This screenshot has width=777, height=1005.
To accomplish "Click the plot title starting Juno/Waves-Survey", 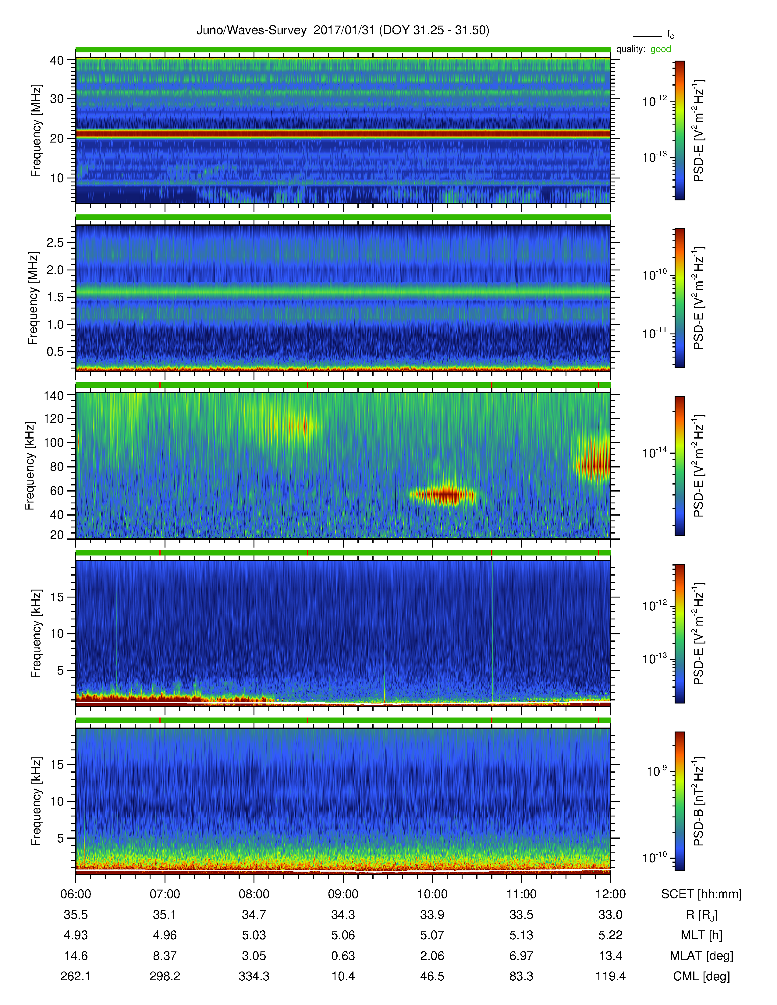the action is click(x=343, y=30).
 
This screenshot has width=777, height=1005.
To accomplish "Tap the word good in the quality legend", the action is click(x=661, y=49).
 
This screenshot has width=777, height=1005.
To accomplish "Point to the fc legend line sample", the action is click(x=647, y=36).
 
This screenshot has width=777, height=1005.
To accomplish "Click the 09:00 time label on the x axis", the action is click(x=343, y=894).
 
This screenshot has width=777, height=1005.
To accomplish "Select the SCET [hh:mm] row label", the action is click(x=701, y=894).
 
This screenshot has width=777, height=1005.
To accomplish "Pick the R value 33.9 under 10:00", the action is click(x=432, y=915).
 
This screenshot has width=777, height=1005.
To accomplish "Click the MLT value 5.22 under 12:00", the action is click(x=610, y=935).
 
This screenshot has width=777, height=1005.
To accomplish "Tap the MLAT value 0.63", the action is click(x=343, y=956).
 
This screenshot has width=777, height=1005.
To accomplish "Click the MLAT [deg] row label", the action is click(x=701, y=956).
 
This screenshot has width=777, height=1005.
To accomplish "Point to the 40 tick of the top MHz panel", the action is click(x=57, y=60).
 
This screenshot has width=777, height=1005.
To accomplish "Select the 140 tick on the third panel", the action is click(x=53, y=395).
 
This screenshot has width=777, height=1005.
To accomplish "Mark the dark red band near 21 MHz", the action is click(x=343, y=134).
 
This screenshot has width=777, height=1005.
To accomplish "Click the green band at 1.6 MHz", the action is click(x=343, y=292).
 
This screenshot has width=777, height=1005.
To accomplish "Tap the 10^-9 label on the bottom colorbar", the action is click(x=657, y=770).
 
